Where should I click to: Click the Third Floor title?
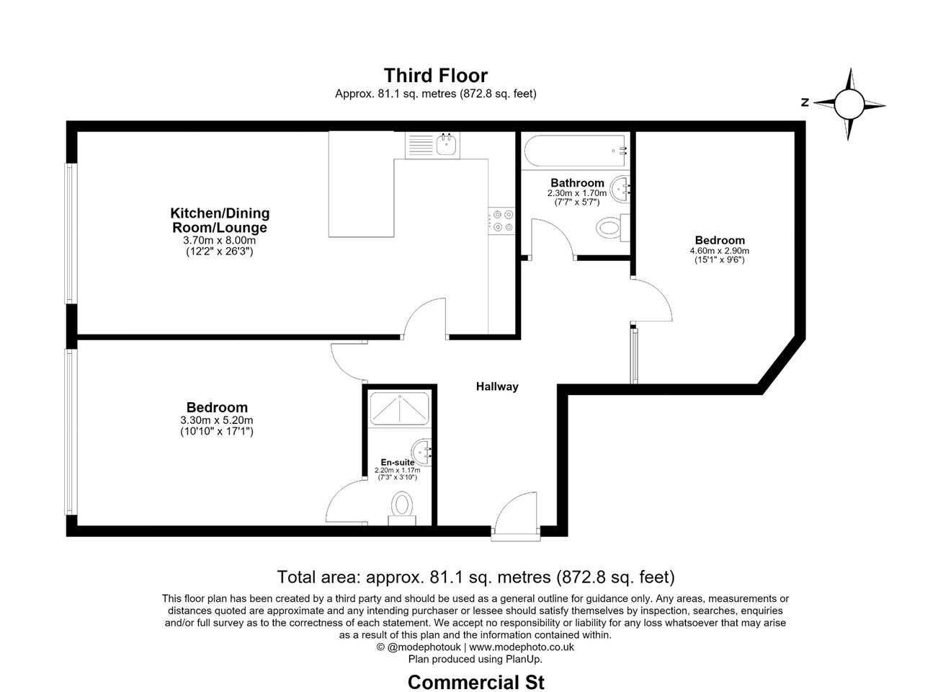(x=436, y=76)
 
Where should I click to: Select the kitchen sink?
(x=446, y=144)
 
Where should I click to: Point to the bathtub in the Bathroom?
(x=576, y=151)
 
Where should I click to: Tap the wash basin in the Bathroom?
(x=620, y=190)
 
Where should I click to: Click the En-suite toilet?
(x=401, y=508)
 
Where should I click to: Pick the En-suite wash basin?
(x=421, y=452)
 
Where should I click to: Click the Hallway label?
(x=497, y=386)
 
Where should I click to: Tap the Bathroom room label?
(x=577, y=182)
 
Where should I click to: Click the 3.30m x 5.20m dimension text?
(x=217, y=420)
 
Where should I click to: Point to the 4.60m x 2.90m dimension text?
(x=720, y=251)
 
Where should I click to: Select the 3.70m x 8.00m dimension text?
(x=220, y=240)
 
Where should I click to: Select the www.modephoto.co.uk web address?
(x=522, y=647)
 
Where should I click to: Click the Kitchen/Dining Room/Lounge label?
(x=220, y=220)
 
